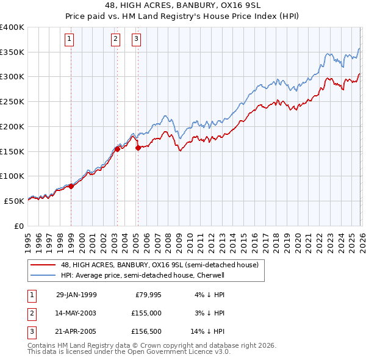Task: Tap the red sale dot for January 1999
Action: pyautogui.click(x=71, y=186)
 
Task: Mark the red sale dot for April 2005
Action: pyautogui.click(x=138, y=148)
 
